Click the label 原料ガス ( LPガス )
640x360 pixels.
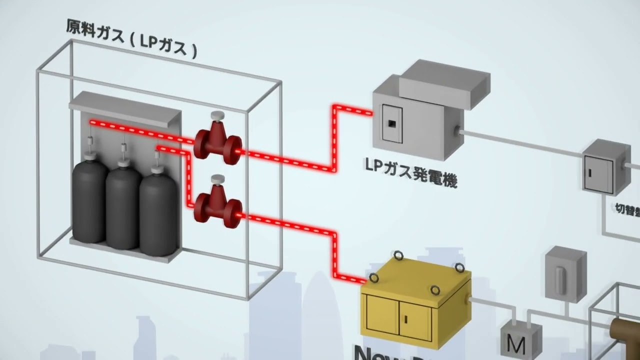point(131,39)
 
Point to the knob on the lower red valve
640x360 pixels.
point(217,179)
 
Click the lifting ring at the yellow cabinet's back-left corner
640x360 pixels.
point(399,256)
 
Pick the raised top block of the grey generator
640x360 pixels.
point(444,82)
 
